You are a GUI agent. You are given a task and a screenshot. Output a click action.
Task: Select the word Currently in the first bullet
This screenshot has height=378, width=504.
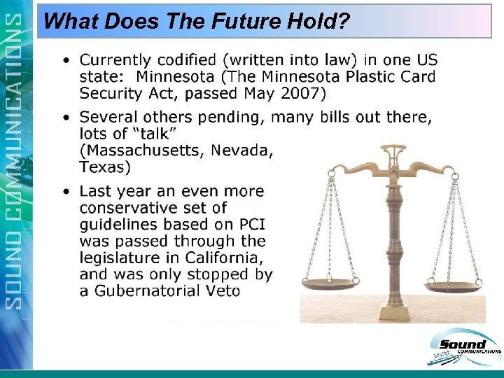pyautogui.click(x=115, y=61)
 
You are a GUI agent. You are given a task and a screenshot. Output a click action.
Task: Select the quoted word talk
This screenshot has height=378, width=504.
pyautogui.click(x=155, y=134)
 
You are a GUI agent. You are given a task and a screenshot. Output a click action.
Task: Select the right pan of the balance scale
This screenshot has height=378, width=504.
pyautogui.click(x=454, y=286)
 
